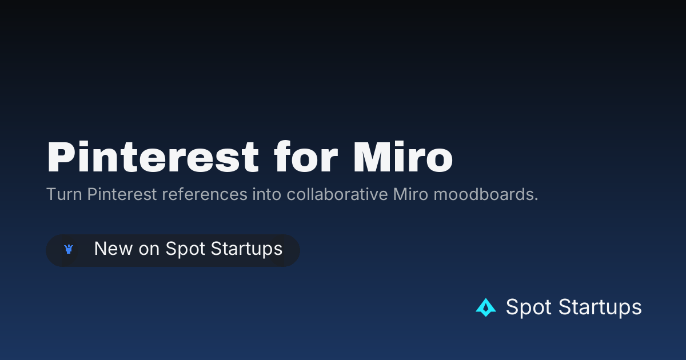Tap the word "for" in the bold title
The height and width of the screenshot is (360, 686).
click(306, 157)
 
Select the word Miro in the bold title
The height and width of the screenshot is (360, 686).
click(403, 157)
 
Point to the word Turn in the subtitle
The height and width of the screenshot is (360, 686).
click(64, 194)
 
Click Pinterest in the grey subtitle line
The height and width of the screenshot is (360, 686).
click(122, 194)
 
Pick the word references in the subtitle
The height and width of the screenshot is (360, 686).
click(205, 194)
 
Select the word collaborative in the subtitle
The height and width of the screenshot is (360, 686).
click(337, 194)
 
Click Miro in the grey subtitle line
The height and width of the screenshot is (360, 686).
click(410, 194)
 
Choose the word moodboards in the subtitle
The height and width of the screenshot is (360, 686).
click(483, 194)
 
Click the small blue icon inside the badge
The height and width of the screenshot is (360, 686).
click(69, 249)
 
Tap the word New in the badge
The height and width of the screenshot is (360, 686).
click(113, 249)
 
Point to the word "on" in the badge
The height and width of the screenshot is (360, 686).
click(149, 250)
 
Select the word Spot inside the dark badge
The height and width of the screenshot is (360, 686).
click(185, 249)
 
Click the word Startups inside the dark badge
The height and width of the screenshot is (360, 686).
click(246, 249)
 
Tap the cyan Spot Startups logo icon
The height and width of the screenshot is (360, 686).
click(486, 307)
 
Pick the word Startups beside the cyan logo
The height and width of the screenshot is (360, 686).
click(600, 307)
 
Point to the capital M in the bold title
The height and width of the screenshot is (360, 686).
click(370, 157)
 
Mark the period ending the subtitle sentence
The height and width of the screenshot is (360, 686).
click(536, 199)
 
